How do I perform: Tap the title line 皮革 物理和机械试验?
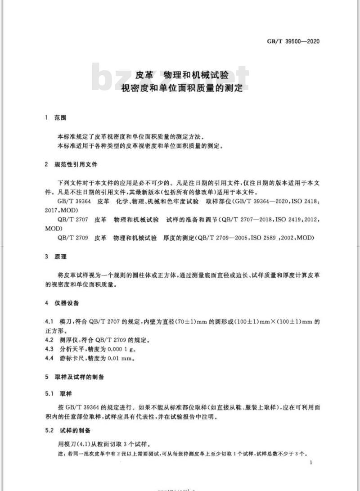coord(182,75)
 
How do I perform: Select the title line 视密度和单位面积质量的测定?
coord(182,88)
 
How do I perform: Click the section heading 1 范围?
coord(55,118)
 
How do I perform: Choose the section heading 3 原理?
coord(55,257)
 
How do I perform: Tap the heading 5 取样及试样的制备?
coord(74,377)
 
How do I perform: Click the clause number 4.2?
coord(50,340)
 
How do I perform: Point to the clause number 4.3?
coord(50,349)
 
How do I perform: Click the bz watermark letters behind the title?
coord(110,77)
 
